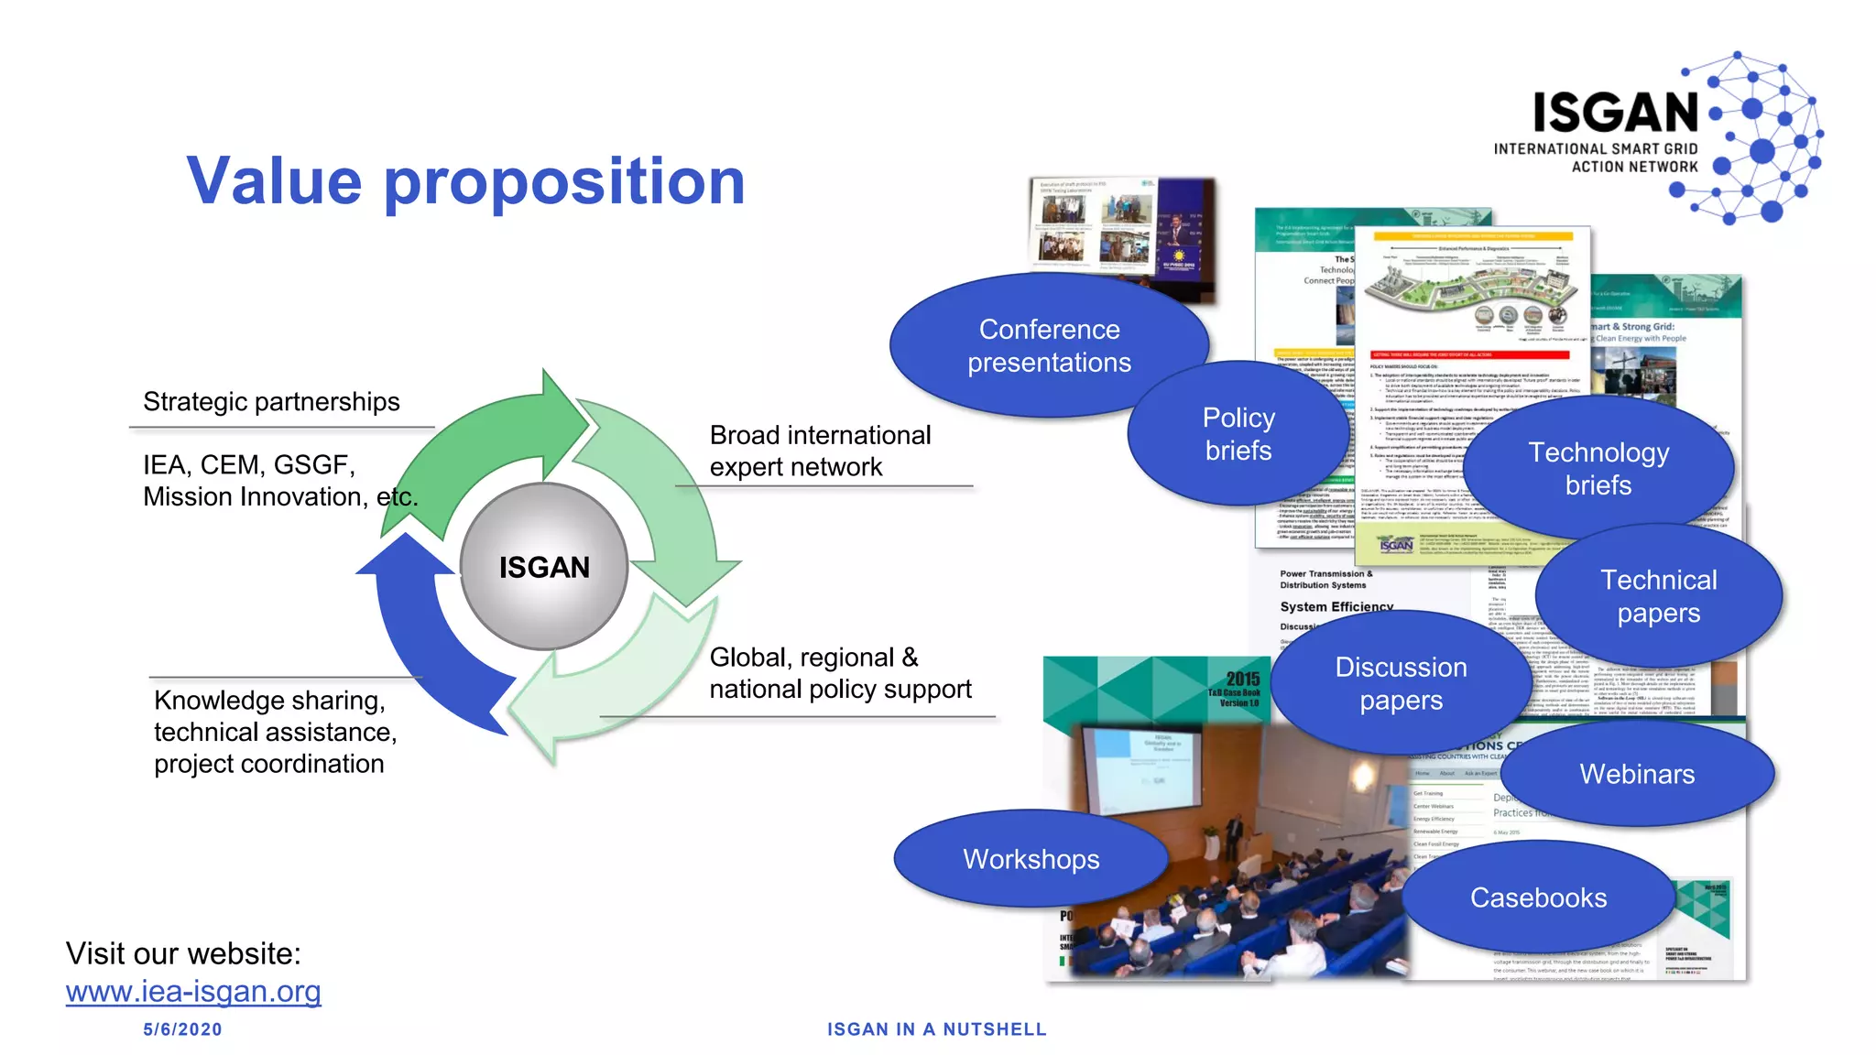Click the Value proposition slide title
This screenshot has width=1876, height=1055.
coord(466,180)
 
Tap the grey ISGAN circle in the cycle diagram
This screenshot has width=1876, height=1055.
coord(544,567)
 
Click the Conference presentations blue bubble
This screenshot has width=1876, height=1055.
coord(1049,346)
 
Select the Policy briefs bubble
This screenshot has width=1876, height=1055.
coord(1238,434)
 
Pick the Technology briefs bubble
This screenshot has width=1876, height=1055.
coord(1598,468)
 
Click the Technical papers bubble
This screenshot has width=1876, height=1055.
coord(1658,596)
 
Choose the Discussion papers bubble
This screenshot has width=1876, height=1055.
coord(1401,683)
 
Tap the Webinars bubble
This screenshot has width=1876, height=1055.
coord(1637,774)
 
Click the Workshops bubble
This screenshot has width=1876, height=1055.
coord(1031,859)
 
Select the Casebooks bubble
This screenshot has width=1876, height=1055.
coord(1538,897)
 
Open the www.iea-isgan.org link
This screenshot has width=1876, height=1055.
coord(193,991)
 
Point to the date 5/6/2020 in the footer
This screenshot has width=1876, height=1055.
coord(182,1029)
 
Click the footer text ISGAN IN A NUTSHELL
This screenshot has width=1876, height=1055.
coord(936,1029)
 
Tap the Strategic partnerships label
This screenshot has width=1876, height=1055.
coord(271,402)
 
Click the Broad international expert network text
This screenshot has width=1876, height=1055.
coord(820,451)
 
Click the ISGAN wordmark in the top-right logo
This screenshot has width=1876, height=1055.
coord(1616,113)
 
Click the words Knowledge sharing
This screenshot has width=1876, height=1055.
coord(269,701)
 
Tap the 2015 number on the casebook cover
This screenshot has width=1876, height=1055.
coord(1242,679)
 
